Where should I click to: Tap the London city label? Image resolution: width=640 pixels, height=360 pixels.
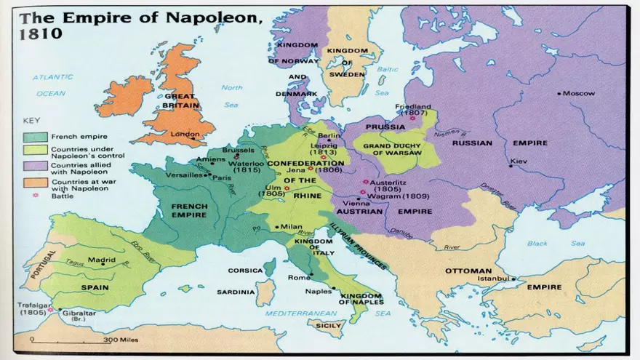(x=185, y=134)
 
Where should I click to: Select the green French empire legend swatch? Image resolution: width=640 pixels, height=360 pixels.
(x=33, y=136)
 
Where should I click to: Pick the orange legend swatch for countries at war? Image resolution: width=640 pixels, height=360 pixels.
(x=33, y=183)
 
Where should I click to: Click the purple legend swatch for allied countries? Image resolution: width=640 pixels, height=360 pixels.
(x=33, y=167)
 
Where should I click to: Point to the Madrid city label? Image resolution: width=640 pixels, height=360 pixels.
(x=102, y=260)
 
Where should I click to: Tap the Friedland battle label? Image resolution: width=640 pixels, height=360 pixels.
(x=413, y=106)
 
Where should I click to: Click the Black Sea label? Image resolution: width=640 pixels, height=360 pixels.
(x=547, y=244)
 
